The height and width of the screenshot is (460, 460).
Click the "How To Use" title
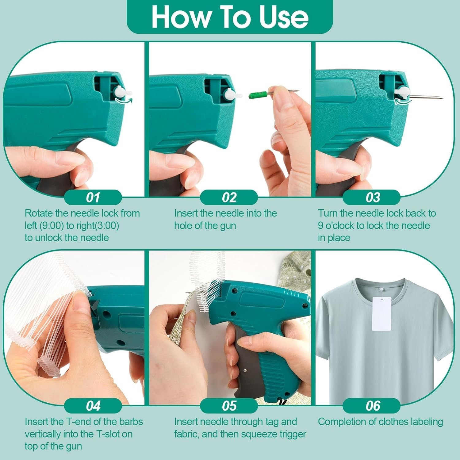pos(230,17)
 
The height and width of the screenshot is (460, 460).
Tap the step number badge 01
pos(93,197)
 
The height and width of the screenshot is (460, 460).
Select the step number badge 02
pos(229,197)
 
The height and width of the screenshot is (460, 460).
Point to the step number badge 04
pos(93,406)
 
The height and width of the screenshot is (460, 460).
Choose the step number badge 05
pos(229,406)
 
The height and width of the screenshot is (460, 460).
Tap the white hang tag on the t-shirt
pos(381,314)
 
